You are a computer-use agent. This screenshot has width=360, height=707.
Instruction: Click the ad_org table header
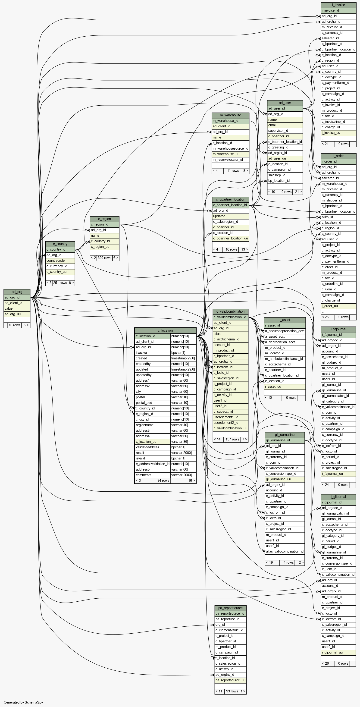point(17,292)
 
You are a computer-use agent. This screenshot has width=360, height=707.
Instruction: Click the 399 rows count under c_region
point(105,258)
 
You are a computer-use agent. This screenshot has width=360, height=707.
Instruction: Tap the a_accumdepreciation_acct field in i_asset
point(285,331)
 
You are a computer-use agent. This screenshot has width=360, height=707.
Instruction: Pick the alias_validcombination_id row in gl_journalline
point(285,551)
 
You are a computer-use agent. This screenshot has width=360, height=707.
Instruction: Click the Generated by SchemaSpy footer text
point(23,702)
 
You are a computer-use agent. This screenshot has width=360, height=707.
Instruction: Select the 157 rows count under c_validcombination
point(232,439)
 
